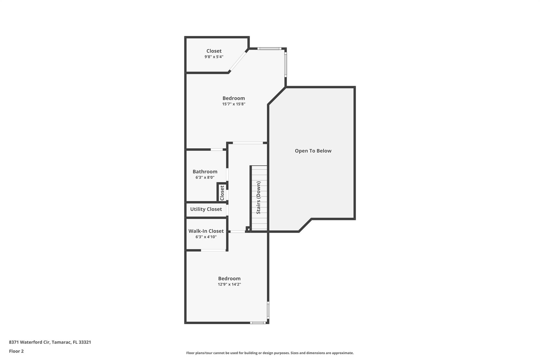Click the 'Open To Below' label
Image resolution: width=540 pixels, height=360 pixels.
pyautogui.click(x=313, y=151)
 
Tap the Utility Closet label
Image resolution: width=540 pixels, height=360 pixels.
pyautogui.click(x=206, y=209)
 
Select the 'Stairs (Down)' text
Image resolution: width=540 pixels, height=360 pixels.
pyautogui.click(x=258, y=198)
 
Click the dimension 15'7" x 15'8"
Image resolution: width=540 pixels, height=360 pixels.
pyautogui.click(x=234, y=104)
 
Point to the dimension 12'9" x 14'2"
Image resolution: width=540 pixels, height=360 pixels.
pyautogui.click(x=229, y=284)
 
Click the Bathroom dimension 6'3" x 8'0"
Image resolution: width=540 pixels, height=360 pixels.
pyautogui.click(x=205, y=177)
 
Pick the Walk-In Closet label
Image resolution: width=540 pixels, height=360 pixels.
pyautogui.click(x=206, y=231)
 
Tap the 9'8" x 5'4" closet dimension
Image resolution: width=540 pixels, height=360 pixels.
pyautogui.click(x=214, y=57)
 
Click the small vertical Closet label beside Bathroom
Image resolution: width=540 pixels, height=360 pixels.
pyautogui.click(x=222, y=193)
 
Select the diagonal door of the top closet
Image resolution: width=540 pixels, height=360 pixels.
pyautogui.click(x=238, y=61)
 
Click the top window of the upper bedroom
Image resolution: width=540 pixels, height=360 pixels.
pyautogui.click(x=269, y=49)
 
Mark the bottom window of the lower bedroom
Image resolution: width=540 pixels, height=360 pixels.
pyautogui.click(x=258, y=323)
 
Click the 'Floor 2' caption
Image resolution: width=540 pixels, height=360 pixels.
pyautogui.click(x=16, y=351)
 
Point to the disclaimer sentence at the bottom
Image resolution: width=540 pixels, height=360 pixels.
pyautogui.click(x=270, y=353)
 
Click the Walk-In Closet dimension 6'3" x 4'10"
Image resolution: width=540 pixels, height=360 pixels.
pyautogui.click(x=206, y=237)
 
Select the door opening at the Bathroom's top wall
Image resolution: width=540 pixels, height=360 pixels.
pyautogui.click(x=216, y=150)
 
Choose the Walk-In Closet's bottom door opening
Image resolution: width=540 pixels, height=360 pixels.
pyautogui.click(x=213, y=250)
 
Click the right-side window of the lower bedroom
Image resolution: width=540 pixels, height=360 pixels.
pyautogui.click(x=268, y=310)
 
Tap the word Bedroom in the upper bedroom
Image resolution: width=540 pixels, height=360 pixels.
pyautogui.click(x=234, y=98)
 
